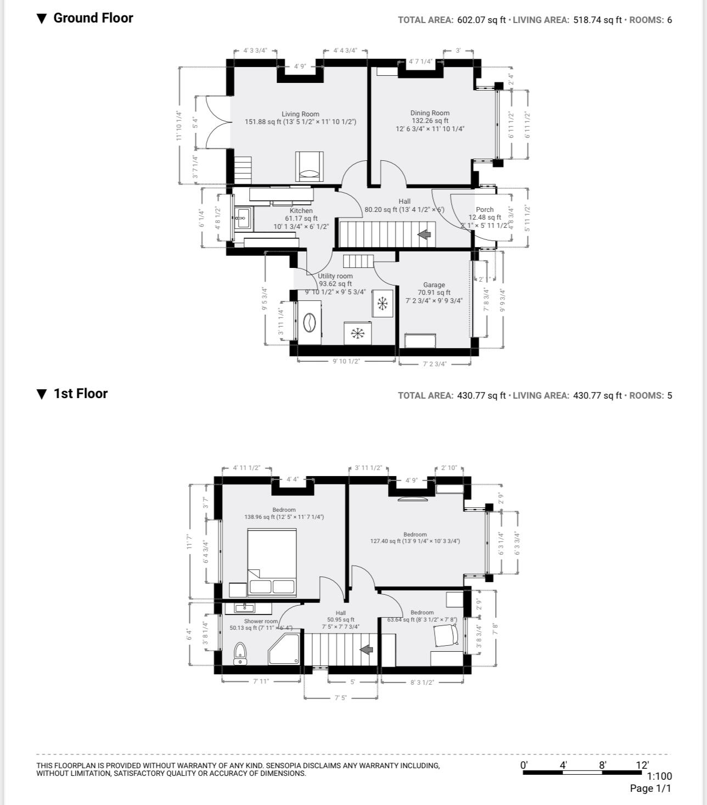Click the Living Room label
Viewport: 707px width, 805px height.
pyautogui.click(x=300, y=114)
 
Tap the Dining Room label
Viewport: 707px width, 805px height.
pyautogui.click(x=430, y=113)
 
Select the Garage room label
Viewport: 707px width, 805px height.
pyautogui.click(x=434, y=285)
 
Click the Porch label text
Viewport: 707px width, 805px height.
pyautogui.click(x=484, y=210)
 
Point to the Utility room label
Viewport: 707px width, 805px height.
pyautogui.click(x=335, y=276)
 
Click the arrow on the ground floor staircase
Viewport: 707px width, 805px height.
pyautogui.click(x=424, y=235)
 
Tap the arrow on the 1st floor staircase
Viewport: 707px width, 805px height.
pyautogui.click(x=366, y=650)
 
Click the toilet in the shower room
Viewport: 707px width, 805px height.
pyautogui.click(x=240, y=653)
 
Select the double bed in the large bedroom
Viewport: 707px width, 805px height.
pyautogui.click(x=272, y=562)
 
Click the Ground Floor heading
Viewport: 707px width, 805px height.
pyautogui.click(x=93, y=18)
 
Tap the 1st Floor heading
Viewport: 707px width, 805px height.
pyautogui.click(x=80, y=394)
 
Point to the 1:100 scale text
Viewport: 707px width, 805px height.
pyautogui.click(x=659, y=776)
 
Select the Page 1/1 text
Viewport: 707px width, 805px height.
pyautogui.click(x=650, y=789)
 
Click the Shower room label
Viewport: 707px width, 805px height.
pyautogui.click(x=261, y=622)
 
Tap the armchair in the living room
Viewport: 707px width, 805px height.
pyautogui.click(x=310, y=166)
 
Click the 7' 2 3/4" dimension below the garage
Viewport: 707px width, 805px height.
pyautogui.click(x=435, y=364)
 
